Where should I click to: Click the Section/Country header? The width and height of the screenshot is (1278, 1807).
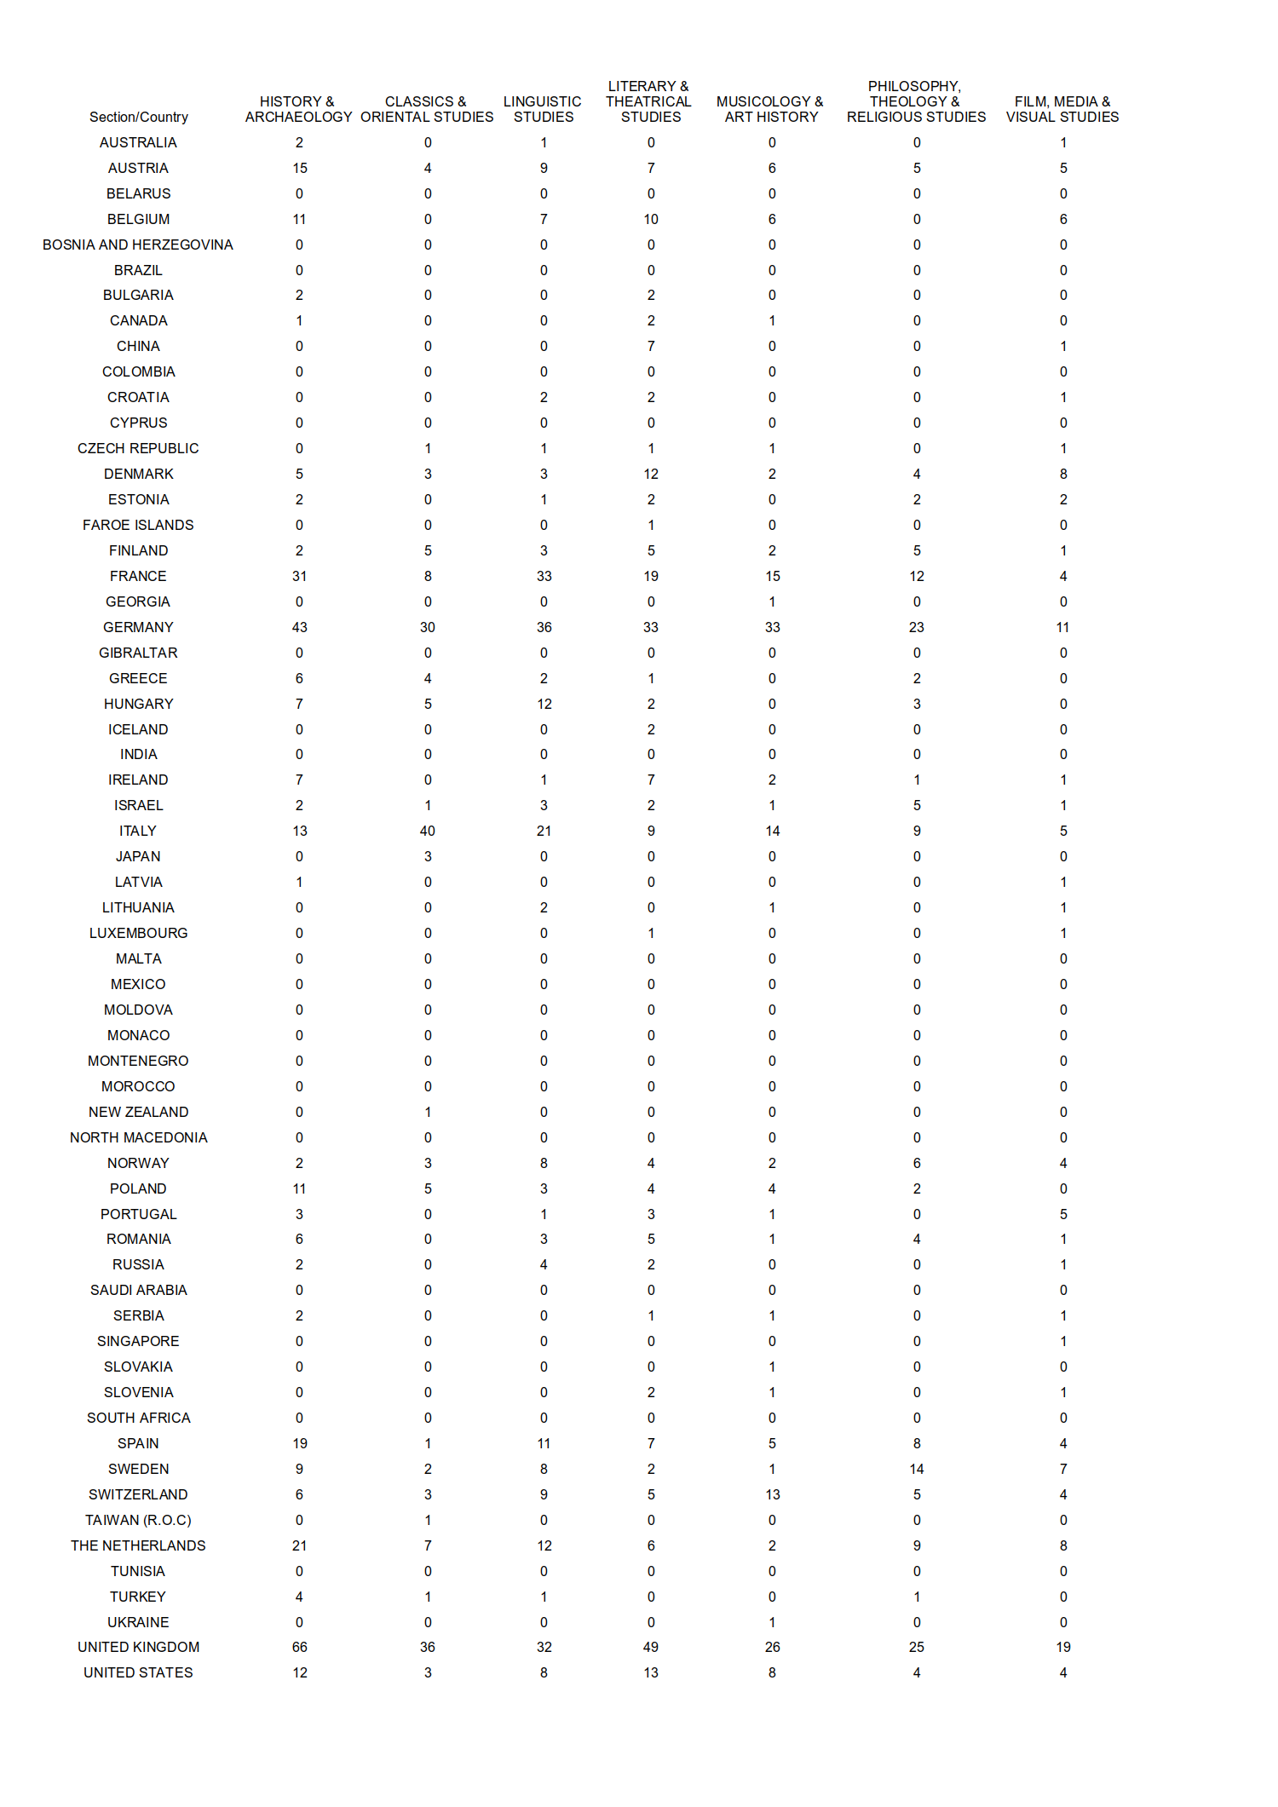(x=138, y=117)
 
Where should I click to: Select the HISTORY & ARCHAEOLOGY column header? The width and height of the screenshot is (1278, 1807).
(x=298, y=109)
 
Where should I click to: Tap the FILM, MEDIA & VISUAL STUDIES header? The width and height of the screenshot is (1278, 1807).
(x=1062, y=109)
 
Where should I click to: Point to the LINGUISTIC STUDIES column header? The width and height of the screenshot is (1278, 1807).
(x=543, y=109)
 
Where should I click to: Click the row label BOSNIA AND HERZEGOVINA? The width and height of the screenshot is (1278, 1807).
(x=138, y=245)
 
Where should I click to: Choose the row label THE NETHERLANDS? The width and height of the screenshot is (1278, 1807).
(x=138, y=1545)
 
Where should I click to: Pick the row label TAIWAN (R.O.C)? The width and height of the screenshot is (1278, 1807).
(x=138, y=1520)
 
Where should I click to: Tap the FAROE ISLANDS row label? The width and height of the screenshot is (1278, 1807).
(x=138, y=525)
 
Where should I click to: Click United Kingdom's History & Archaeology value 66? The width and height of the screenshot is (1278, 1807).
(x=300, y=1647)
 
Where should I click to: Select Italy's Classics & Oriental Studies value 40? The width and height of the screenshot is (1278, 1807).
(x=428, y=831)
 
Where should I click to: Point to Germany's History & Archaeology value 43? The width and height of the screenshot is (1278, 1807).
(x=300, y=627)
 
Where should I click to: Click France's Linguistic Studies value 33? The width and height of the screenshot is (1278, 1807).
(x=544, y=576)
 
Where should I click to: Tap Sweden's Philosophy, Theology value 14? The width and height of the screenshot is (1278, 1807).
(x=917, y=1469)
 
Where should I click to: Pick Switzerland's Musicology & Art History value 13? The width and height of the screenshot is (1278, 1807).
(x=773, y=1494)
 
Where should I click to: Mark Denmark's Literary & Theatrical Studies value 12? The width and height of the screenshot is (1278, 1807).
(x=651, y=474)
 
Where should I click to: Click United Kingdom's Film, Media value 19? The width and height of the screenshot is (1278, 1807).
(x=1063, y=1647)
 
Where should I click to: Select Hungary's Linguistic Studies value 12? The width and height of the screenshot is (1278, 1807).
(x=544, y=704)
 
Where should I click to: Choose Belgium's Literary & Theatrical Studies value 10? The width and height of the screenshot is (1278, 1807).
(x=651, y=219)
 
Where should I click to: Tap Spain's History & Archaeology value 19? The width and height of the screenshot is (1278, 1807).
(x=300, y=1443)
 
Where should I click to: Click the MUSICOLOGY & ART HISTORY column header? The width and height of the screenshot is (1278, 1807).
(x=771, y=109)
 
